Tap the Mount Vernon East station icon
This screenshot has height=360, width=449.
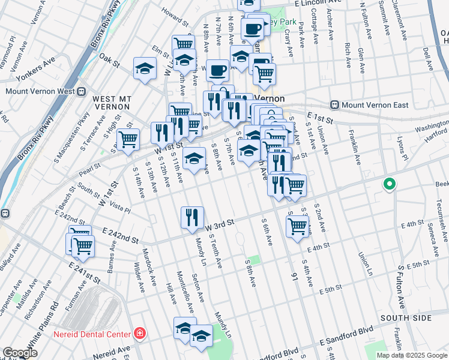[336, 104]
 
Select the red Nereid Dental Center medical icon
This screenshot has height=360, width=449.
[139, 334]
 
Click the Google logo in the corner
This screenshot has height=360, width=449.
[20, 353]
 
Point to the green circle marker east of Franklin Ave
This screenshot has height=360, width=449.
[389, 184]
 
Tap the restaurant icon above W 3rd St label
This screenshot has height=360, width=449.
[192, 217]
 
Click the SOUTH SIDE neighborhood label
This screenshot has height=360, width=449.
[403, 317]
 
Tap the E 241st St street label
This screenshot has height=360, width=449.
[84, 271]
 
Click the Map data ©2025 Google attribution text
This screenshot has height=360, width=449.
[411, 355]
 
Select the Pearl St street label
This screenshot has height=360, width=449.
[88, 171]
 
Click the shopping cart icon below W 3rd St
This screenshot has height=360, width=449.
[297, 227]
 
